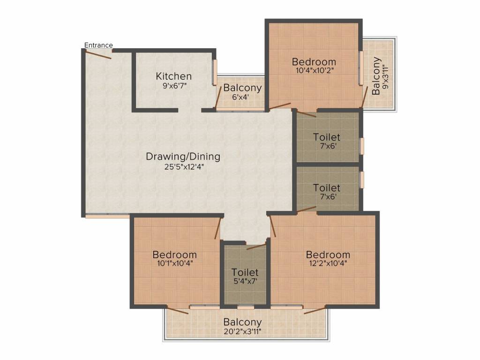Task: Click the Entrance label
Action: click(x=98, y=45)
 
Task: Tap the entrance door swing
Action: click(x=98, y=54)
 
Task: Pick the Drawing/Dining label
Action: click(x=183, y=156)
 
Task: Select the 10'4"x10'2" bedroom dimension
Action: click(x=314, y=71)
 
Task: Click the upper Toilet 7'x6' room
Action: click(x=327, y=141)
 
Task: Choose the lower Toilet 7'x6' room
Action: click(x=327, y=191)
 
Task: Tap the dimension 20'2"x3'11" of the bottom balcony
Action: click(x=242, y=331)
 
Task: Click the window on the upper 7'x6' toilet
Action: click(x=361, y=146)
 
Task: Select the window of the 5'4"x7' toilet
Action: click(x=245, y=307)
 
